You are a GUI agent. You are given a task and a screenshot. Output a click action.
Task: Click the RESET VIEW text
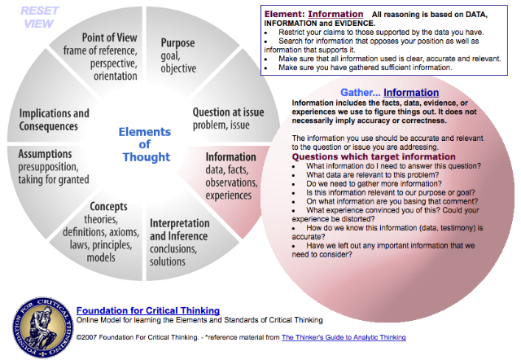(40, 17)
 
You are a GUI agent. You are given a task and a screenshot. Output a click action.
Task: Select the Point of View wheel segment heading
(109, 37)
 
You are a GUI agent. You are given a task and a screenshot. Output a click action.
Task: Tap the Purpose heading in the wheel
(177, 43)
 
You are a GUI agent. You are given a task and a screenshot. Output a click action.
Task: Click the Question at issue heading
(228, 112)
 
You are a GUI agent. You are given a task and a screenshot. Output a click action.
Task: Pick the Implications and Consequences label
(55, 120)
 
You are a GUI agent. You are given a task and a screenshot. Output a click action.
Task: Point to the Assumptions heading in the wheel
(45, 154)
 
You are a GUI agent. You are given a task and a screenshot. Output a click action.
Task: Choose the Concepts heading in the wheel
(108, 206)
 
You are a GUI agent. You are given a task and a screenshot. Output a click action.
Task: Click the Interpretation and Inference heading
(179, 230)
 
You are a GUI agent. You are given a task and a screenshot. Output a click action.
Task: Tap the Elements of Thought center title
(145, 144)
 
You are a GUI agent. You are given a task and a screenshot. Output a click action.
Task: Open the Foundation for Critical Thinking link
(148, 310)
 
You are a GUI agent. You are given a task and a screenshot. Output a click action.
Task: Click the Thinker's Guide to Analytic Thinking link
(344, 337)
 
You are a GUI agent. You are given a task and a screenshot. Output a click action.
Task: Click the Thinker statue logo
(43, 327)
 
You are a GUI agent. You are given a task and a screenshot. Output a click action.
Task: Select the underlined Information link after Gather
(411, 92)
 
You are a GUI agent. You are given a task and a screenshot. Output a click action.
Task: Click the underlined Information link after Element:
(335, 14)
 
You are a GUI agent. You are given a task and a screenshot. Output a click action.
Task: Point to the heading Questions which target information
(374, 156)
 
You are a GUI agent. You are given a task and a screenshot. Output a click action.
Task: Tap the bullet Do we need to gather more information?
(374, 184)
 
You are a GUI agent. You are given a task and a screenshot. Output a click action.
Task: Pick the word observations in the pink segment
(231, 182)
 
